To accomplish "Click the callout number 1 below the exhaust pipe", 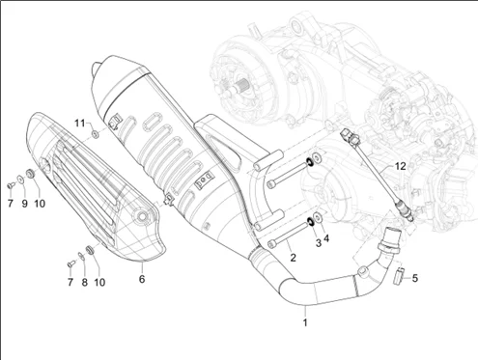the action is [305, 322].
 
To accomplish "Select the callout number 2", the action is [293, 258].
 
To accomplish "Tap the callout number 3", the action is [319, 243].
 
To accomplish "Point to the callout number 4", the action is [326, 238].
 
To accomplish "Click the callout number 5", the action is [415, 278].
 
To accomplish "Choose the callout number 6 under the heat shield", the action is [142, 279].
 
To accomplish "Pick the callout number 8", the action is [84, 282].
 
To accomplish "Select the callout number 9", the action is [25, 204].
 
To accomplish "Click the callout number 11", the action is [80, 123].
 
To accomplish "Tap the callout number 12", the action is [400, 166].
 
